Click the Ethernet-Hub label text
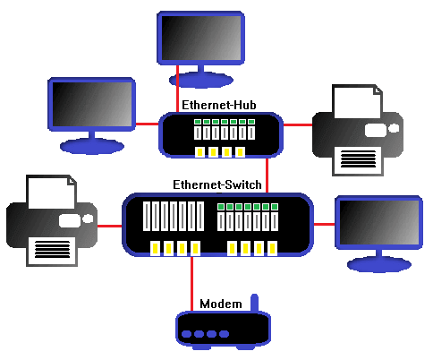219,106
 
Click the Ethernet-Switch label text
217,184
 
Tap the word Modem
220,304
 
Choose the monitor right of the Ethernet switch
378,223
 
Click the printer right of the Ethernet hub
356,130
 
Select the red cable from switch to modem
191,285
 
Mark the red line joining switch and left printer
110,226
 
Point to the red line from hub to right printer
296,125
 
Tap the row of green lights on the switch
247,207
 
